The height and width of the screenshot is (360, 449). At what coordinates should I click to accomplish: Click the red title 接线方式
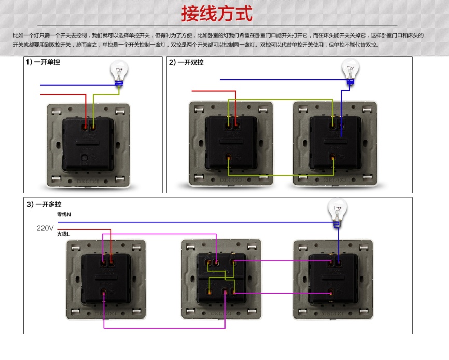coord(217,13)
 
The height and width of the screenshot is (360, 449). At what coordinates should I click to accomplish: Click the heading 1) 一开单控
coord(44,62)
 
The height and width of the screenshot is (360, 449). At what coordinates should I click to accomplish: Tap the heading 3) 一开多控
coord(44,204)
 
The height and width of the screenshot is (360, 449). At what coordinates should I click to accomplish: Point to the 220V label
coord(45,228)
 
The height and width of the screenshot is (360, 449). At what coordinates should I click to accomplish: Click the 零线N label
coord(64,215)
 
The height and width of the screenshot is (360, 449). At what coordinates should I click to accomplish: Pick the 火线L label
coord(63,234)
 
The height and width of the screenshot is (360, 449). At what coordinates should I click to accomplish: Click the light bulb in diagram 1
coord(120,72)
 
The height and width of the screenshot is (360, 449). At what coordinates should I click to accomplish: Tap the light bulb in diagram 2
coord(350,70)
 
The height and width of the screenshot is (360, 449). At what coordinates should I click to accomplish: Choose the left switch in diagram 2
coord(231,143)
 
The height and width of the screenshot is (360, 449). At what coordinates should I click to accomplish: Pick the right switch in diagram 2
coord(334,143)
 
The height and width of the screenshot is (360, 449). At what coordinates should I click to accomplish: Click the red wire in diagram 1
coord(62,94)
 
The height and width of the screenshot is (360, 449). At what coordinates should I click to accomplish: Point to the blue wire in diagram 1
coord(73,85)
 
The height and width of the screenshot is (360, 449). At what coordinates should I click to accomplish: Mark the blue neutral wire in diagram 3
coord(207,223)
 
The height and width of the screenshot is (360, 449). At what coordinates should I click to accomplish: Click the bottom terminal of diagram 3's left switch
coord(104,295)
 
